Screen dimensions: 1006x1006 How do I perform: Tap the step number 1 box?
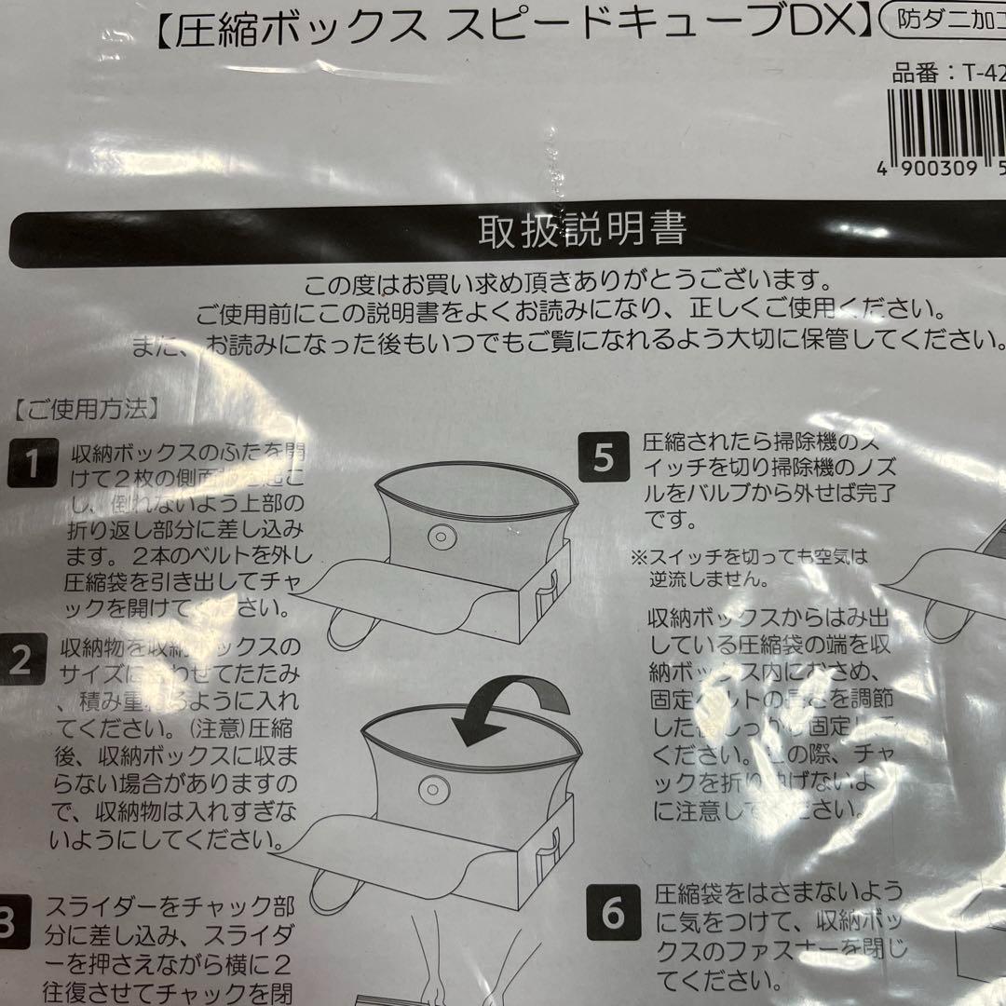pos(34,463)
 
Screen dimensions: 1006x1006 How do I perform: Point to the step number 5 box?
pos(604,456)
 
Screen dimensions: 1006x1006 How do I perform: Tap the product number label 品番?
pos(917,75)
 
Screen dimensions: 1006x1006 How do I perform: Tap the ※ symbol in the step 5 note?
pos(639,558)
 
